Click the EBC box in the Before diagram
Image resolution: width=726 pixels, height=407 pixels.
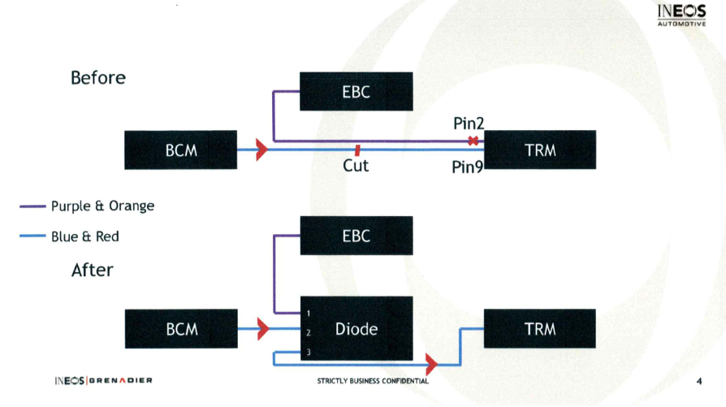[x=356, y=92]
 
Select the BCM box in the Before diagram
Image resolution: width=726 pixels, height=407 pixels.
[x=181, y=150]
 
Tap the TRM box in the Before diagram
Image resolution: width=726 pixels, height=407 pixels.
[x=540, y=150]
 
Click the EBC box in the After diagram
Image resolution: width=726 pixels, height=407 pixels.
[x=356, y=236]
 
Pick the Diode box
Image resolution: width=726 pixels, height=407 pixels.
[x=356, y=329]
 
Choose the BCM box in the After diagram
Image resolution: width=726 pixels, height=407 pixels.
[x=181, y=329]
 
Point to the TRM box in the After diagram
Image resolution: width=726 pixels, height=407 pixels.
[x=540, y=329]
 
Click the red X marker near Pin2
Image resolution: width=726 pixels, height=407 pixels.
[x=473, y=141]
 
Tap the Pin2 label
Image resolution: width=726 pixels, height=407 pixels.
[x=469, y=123]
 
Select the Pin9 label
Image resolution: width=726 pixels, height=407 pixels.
[x=468, y=168]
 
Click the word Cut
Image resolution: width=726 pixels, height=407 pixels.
[x=356, y=166]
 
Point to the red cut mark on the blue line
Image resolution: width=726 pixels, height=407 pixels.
[x=357, y=149]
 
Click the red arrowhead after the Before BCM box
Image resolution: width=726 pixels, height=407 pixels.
[x=261, y=149]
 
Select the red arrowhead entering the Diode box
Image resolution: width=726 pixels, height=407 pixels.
[x=262, y=329]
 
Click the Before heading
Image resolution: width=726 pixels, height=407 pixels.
[x=98, y=78]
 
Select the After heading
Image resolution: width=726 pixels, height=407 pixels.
[x=93, y=270]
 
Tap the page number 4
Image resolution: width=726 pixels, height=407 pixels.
[x=699, y=381]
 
